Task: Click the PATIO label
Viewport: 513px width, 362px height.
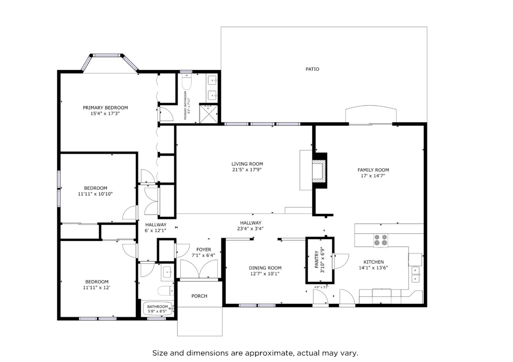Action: click(x=312, y=69)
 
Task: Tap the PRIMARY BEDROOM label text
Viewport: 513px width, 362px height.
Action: click(x=105, y=108)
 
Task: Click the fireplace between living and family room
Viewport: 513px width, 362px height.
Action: click(x=319, y=171)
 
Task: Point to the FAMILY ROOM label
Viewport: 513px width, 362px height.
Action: click(x=373, y=170)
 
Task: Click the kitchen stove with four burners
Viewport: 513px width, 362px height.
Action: click(x=381, y=240)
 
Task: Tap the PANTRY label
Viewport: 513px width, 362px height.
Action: click(x=316, y=260)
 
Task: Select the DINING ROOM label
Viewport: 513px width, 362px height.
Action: click(x=265, y=268)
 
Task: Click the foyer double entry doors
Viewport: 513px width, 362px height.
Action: click(x=199, y=269)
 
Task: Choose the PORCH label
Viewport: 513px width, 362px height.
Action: click(x=199, y=296)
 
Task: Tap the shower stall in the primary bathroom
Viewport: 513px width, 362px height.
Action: click(x=208, y=113)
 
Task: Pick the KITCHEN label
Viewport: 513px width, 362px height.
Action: click(x=373, y=262)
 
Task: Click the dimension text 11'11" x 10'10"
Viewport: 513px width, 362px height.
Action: click(x=95, y=194)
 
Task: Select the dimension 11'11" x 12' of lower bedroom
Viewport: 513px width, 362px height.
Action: click(x=96, y=287)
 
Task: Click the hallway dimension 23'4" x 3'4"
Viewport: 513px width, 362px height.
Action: click(x=250, y=229)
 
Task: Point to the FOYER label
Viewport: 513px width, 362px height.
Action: click(x=203, y=250)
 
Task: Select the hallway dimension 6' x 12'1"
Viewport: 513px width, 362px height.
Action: click(x=156, y=230)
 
